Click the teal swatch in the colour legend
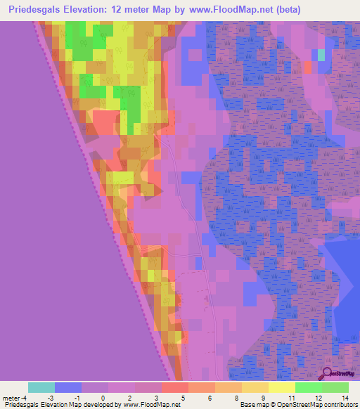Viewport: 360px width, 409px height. point(41,387)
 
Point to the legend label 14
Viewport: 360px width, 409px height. point(344,397)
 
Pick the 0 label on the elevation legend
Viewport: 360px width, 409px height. point(103,397)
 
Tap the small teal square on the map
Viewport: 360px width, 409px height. point(321,54)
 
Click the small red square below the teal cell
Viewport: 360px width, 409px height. point(307,67)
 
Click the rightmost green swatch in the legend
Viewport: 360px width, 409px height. point(335,387)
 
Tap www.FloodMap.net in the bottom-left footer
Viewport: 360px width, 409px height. point(149,405)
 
